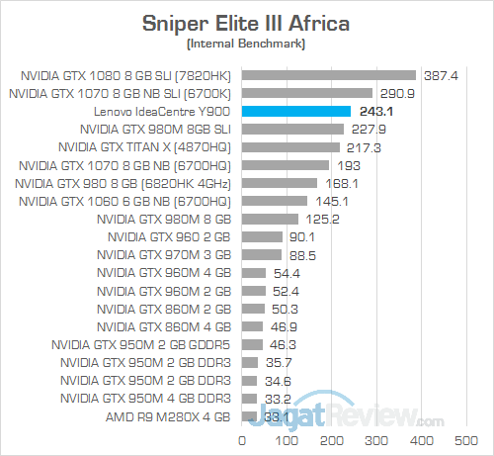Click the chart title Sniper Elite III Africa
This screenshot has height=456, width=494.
coord(246,21)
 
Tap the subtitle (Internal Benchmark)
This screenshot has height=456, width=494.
coord(246,44)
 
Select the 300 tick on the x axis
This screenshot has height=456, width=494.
coord(377,439)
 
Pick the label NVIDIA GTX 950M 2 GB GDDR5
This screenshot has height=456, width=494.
coord(147,344)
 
